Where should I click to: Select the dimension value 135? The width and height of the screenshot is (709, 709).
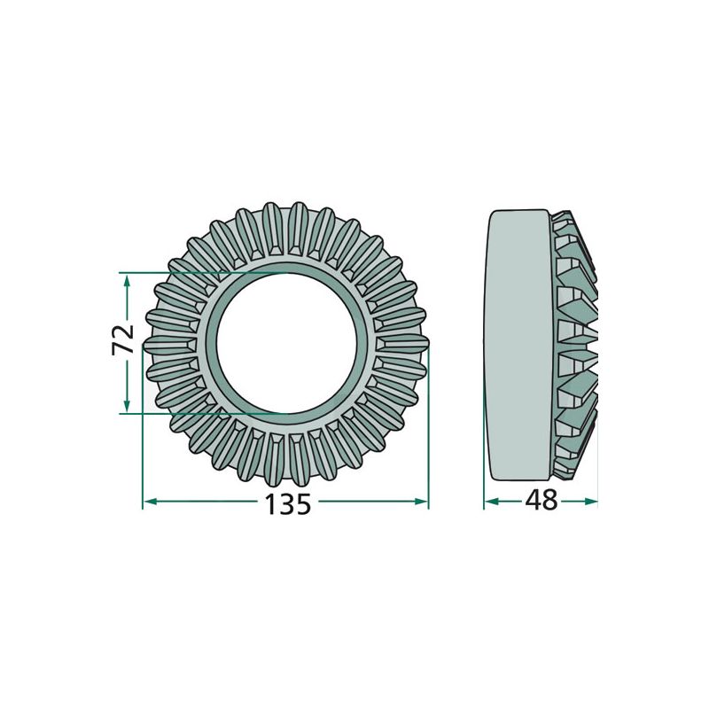point(288,503)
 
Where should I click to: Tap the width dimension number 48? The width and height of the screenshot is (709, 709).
point(541,501)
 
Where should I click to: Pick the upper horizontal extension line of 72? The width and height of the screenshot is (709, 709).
point(177,271)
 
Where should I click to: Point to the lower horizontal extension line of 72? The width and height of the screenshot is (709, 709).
point(177,413)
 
